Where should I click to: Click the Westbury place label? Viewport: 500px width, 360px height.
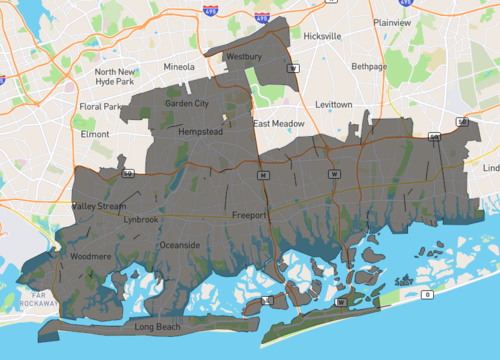tap(244, 57)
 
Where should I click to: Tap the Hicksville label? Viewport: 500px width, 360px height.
tap(322, 35)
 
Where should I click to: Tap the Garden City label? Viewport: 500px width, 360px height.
tap(187, 103)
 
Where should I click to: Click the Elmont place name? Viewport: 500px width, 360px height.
tap(95, 133)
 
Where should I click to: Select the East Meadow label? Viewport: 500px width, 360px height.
tap(278, 124)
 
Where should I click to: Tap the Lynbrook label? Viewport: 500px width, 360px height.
tap(140, 219)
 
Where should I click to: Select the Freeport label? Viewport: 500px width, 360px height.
tap(250, 215)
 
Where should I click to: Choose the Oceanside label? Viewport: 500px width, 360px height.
tap(181, 245)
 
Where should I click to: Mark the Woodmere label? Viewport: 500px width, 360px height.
tap(91, 257)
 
